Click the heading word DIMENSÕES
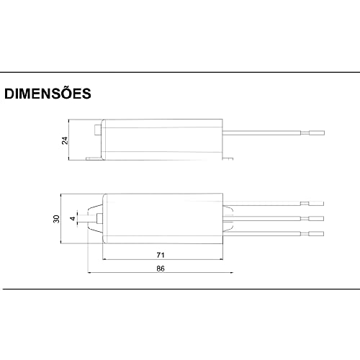point(47,94)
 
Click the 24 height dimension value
point(64,140)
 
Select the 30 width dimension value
point(55,219)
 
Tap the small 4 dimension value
point(71,219)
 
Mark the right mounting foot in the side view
point(230,158)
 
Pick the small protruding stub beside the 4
point(95,219)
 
